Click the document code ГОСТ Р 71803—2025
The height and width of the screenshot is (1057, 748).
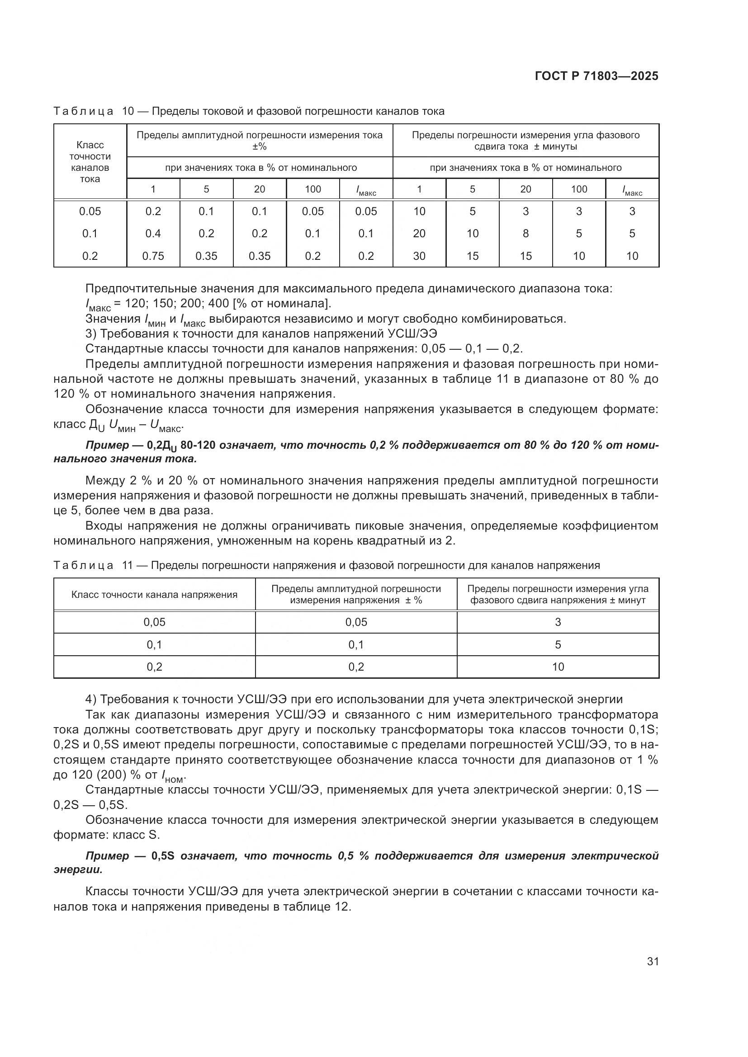click(x=597, y=76)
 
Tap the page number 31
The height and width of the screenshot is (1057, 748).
click(x=653, y=961)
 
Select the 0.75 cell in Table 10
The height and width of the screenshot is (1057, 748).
click(x=153, y=256)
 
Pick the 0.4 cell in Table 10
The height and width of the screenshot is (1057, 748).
click(x=153, y=233)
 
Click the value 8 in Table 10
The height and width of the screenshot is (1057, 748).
click(x=525, y=233)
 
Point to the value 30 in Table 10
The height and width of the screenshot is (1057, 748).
click(x=419, y=256)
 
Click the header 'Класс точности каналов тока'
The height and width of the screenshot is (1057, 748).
click(x=90, y=162)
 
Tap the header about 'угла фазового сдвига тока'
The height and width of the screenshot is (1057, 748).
click(x=525, y=141)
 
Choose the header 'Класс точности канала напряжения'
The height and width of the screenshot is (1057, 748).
click(x=154, y=594)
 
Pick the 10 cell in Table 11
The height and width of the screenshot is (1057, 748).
click(x=558, y=667)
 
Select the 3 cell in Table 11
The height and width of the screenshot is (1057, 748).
click(x=558, y=622)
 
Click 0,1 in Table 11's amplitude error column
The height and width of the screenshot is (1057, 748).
click(x=356, y=644)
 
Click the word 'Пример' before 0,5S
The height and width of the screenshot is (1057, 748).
click(x=107, y=856)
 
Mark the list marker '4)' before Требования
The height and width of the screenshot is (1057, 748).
click(x=91, y=699)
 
